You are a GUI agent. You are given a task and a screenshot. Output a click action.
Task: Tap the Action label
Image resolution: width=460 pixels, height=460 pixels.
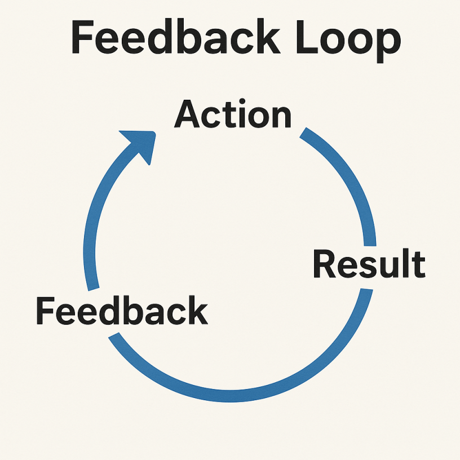click(x=232, y=115)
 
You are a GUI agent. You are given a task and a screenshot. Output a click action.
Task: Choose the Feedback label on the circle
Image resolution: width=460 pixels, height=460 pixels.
click(x=122, y=311)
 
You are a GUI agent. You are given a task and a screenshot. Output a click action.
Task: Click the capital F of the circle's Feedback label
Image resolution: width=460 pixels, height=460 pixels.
click(x=45, y=311)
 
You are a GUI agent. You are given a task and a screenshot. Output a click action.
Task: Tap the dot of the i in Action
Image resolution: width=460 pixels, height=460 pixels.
click(x=238, y=103)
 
